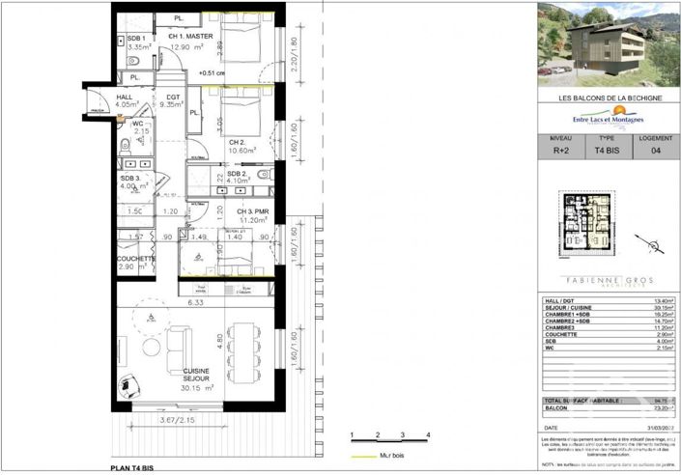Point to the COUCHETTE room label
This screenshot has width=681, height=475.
pyautogui.click(x=135, y=258)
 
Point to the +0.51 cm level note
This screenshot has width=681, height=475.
pyautogui.click(x=211, y=72)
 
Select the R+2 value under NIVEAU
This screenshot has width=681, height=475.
pyautogui.click(x=559, y=152)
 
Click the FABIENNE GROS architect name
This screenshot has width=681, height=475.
pyautogui.click(x=605, y=281)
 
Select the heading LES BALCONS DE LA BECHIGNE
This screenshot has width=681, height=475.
pyautogui.click(x=606, y=98)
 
